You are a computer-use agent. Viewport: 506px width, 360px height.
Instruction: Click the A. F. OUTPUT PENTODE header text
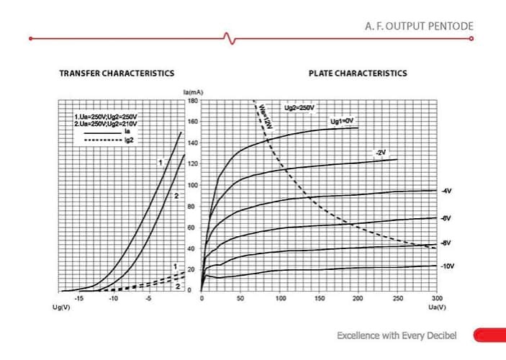coord(419,26)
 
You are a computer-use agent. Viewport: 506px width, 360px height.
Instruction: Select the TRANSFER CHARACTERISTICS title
coord(117,73)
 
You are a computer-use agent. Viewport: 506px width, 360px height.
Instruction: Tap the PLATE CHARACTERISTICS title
coord(358,73)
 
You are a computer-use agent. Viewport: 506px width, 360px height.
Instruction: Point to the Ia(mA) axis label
coord(192,94)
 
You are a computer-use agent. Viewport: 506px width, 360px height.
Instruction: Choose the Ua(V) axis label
coord(437,307)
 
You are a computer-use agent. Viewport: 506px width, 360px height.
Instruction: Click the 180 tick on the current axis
coord(192,101)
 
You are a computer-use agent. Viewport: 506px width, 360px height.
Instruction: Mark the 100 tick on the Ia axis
coord(192,185)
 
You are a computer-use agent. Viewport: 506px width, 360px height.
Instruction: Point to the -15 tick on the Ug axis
coord(79,297)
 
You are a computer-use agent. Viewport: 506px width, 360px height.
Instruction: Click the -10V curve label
coord(448,266)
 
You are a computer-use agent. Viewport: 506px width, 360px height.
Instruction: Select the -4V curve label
coord(447,191)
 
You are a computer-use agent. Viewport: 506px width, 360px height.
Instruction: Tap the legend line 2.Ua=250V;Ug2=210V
coord(105,124)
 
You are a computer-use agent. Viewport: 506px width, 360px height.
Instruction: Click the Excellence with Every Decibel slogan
coord(397,336)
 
